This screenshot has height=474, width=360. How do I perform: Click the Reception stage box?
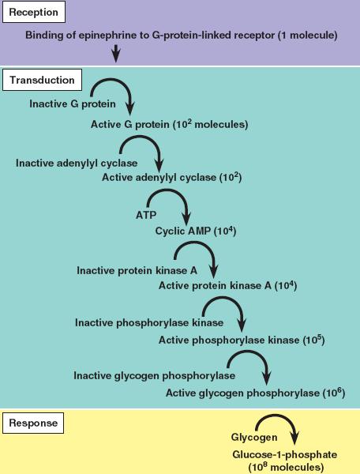coord(34,12)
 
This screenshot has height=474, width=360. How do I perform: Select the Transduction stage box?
coord(43,80)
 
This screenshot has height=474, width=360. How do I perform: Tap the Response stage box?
coord(33,423)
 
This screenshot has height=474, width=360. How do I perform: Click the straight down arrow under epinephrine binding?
coord(116,54)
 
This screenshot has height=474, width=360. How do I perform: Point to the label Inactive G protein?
coord(73,103)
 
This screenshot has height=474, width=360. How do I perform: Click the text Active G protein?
coord(129,124)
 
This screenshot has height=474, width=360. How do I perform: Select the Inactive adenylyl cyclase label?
coord(77,163)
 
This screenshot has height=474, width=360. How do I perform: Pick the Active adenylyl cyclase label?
coord(159,177)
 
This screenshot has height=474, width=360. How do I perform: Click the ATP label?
coord(146,215)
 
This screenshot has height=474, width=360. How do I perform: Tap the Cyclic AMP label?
coord(183,231)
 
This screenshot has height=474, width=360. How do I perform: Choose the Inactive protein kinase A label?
coord(137,270)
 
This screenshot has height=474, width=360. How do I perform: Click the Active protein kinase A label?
coord(215,285)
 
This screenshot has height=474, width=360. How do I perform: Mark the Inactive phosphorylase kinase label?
coord(149,322)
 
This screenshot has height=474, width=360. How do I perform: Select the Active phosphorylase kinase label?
coord(229,340)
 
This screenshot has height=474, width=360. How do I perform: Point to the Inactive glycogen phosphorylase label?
coord(154,376)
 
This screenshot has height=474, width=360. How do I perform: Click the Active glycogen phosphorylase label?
coord(242,393)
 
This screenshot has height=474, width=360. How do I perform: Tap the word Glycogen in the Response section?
coord(254,437)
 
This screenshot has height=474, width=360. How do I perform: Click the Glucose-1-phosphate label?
coord(284,455)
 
